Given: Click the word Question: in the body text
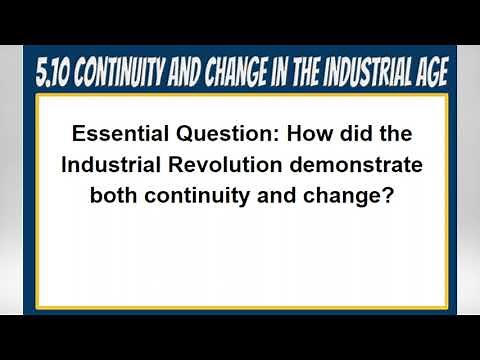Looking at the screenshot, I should coord(218,133).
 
